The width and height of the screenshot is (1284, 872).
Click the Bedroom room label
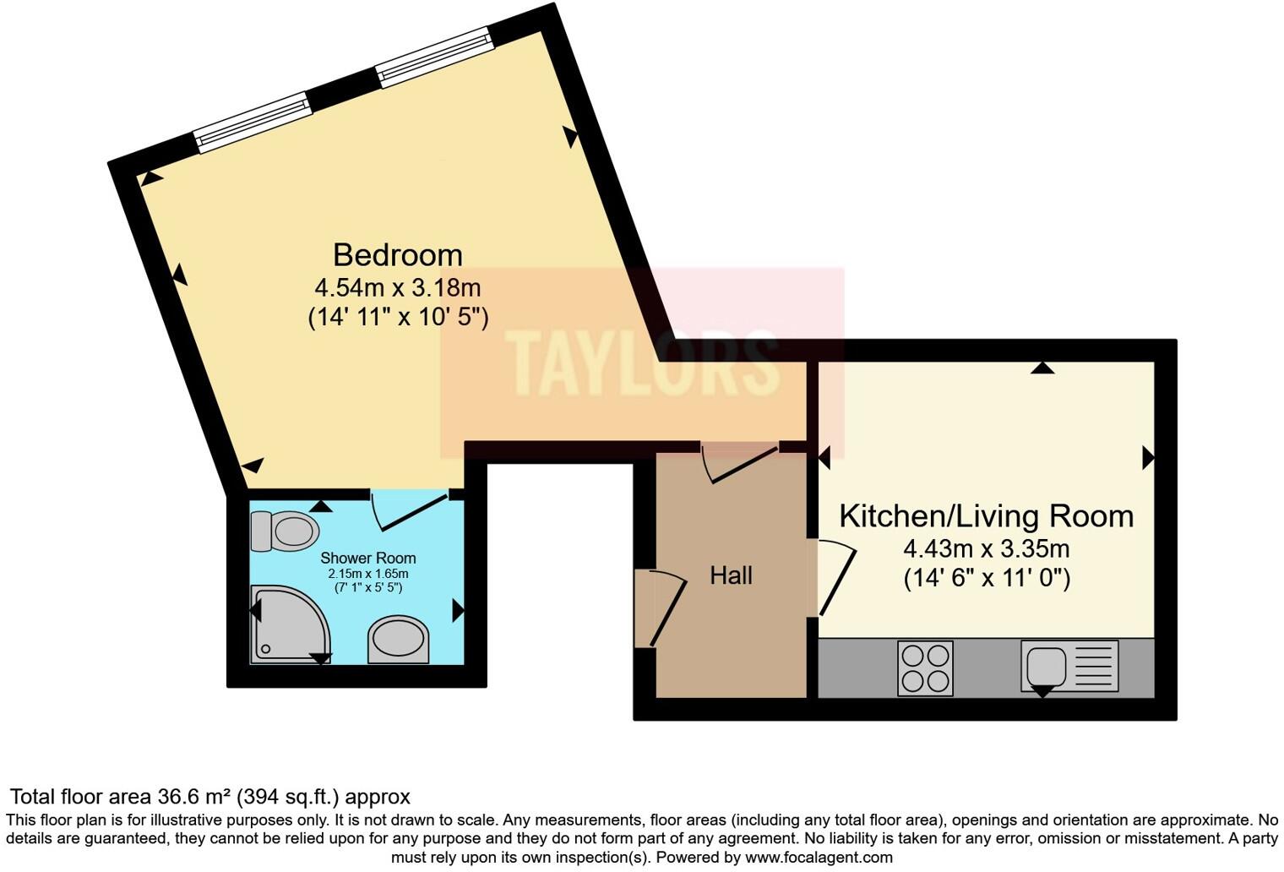[x=397, y=254]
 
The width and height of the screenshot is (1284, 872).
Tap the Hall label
[x=731, y=575]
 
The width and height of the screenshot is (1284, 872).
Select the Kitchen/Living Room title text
[x=986, y=515]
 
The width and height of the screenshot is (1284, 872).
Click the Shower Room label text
[x=367, y=559]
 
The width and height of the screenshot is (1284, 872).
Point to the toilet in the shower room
[x=286, y=532]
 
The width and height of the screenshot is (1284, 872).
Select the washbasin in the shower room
[x=399, y=640]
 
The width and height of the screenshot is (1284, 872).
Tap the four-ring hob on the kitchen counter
[x=925, y=668]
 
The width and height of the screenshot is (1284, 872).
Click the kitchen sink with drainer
[x=1069, y=666]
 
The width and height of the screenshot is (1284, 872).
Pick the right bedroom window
[x=434, y=57]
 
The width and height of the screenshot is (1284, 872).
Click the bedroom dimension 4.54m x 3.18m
[x=397, y=287]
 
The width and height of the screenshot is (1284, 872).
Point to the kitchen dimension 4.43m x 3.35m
[x=986, y=549]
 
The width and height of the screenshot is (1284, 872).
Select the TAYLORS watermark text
[x=642, y=363]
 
